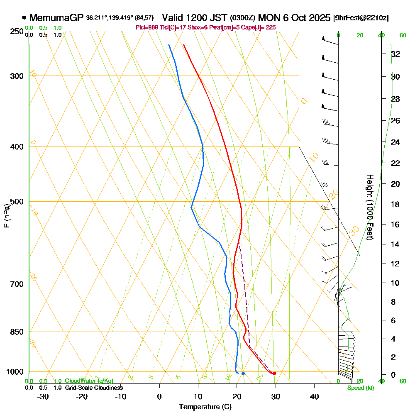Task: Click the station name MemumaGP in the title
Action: [x=56, y=18]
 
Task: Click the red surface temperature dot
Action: [x=274, y=373]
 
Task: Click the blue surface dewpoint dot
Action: [x=243, y=373]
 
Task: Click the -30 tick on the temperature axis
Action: [x=43, y=396]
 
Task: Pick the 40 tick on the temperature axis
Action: [x=314, y=396]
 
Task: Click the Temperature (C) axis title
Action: [x=205, y=407]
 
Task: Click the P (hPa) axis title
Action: [x=6, y=215]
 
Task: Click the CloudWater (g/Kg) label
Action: [x=89, y=381]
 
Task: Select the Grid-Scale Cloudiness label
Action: [x=93, y=388]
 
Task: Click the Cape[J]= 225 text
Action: [x=262, y=27]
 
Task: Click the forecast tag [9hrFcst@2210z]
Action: [x=361, y=18]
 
